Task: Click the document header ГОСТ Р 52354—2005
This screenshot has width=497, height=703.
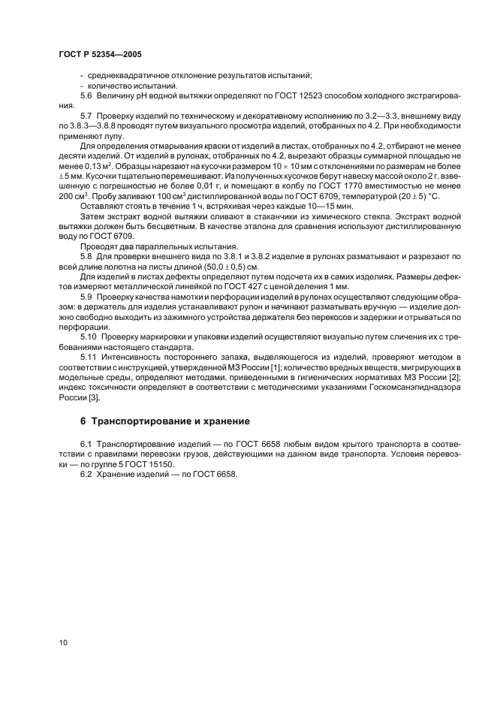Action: (x=99, y=55)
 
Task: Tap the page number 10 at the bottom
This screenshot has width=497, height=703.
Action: (x=62, y=643)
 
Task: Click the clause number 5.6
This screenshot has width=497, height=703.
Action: (x=86, y=97)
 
